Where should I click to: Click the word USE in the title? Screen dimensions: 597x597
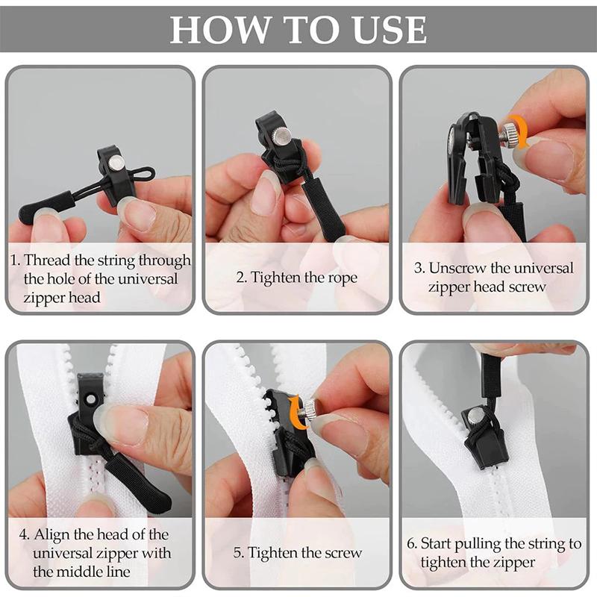coord(389,29)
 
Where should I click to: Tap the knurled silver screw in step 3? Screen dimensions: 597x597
coord(508,135)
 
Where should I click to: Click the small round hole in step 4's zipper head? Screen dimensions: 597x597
coord(91,398)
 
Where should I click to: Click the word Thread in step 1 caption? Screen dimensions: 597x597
coord(48,260)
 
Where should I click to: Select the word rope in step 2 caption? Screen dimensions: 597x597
coord(341,278)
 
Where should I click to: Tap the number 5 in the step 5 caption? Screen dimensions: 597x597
coord(237,553)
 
